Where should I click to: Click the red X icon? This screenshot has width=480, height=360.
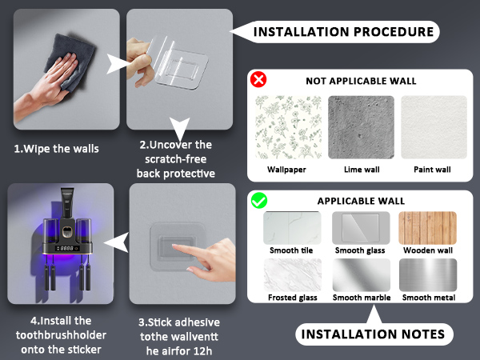pyautogui.click(x=258, y=79)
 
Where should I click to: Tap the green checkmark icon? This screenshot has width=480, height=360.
pyautogui.click(x=259, y=201)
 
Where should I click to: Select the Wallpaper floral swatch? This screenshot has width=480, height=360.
pyautogui.click(x=288, y=127)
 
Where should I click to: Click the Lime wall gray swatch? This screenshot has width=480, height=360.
pyautogui.click(x=362, y=127)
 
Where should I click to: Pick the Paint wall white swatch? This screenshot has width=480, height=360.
pyautogui.click(x=434, y=127)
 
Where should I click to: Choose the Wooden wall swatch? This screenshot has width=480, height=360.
pyautogui.click(x=428, y=228)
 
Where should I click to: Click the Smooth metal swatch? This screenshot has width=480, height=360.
pyautogui.click(x=428, y=275)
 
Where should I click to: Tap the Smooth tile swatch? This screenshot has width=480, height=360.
pyautogui.click(x=292, y=228)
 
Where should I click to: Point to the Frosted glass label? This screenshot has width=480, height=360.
pyautogui.click(x=293, y=298)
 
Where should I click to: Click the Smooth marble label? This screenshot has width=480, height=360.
pyautogui.click(x=362, y=298)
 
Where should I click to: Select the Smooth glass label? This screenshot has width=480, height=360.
pyautogui.click(x=360, y=250)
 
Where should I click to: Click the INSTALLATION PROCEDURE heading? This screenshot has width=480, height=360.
pyautogui.click(x=343, y=32)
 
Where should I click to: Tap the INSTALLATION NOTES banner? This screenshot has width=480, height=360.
pyautogui.click(x=373, y=334)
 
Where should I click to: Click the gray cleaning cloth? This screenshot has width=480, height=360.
pyautogui.click(x=70, y=62)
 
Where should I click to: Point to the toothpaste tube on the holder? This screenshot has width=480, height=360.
pyautogui.click(x=67, y=203)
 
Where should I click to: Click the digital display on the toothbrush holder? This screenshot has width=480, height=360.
pyautogui.click(x=66, y=248)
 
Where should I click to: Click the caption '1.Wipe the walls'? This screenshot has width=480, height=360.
pyautogui.click(x=57, y=149)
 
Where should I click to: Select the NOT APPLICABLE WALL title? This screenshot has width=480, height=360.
pyautogui.click(x=361, y=81)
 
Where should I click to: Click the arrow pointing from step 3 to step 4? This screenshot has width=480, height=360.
pyautogui.click(x=116, y=242)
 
